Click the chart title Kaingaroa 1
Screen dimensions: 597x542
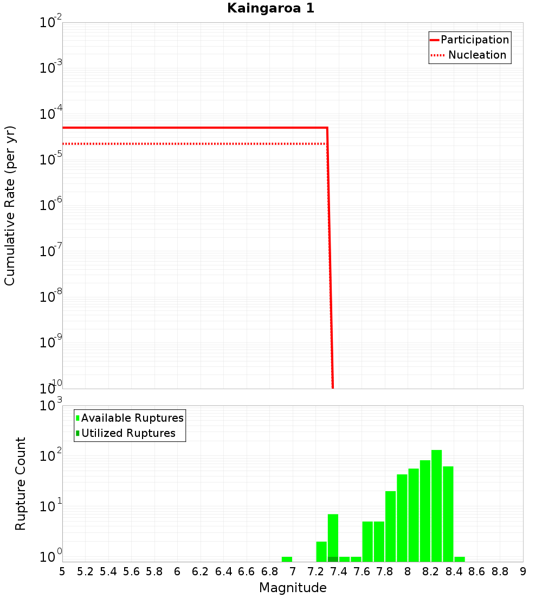270,9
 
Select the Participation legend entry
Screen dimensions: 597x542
469,40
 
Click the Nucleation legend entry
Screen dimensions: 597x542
469,55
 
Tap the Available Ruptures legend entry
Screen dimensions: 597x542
130,418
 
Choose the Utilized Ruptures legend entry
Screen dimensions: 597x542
125,433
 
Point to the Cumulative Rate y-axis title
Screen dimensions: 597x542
10,205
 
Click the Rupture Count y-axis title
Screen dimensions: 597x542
21,483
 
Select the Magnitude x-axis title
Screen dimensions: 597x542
293,588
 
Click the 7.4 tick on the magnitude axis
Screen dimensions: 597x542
338,571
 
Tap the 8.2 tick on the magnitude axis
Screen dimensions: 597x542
430,571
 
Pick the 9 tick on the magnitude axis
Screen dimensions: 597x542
522,571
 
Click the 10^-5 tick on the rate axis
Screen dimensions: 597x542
50,159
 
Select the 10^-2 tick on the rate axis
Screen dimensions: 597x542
50,23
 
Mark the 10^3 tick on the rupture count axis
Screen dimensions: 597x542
51,405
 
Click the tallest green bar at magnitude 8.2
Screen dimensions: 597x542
436,505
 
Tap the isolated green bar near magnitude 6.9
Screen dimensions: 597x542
287,559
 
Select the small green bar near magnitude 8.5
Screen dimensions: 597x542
460,559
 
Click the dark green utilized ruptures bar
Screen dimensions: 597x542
333,559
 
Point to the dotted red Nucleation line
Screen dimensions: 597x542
190,144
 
